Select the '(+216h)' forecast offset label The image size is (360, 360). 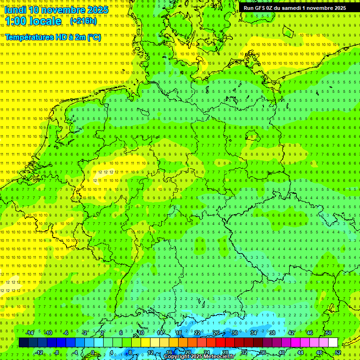[x=83, y=21]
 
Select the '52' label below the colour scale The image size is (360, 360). [x=338, y=352]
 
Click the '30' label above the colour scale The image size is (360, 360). [x=235, y=333]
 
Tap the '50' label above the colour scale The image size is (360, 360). [x=329, y=333]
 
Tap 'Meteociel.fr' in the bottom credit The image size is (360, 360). [x=219, y=357]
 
